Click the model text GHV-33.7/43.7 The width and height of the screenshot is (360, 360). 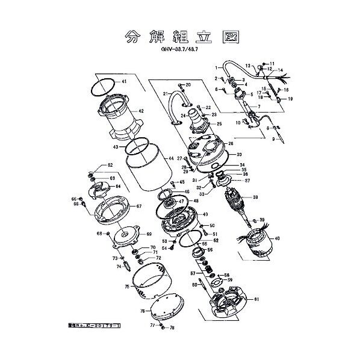pyautogui.click(x=179, y=52)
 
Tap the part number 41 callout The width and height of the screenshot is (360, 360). pyautogui.click(x=124, y=81)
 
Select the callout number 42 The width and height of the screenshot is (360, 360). pyautogui.click(x=141, y=111)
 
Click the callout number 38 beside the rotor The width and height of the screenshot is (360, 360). pyautogui.click(x=256, y=197)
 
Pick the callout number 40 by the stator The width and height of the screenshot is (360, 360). pyautogui.click(x=277, y=238)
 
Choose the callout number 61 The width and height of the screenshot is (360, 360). pyautogui.click(x=256, y=299)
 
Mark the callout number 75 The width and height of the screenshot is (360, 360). pyautogui.click(x=127, y=287)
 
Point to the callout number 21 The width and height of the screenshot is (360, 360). pyautogui.click(x=165, y=94)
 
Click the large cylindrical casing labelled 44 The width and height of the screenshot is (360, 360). pyautogui.click(x=147, y=175)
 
